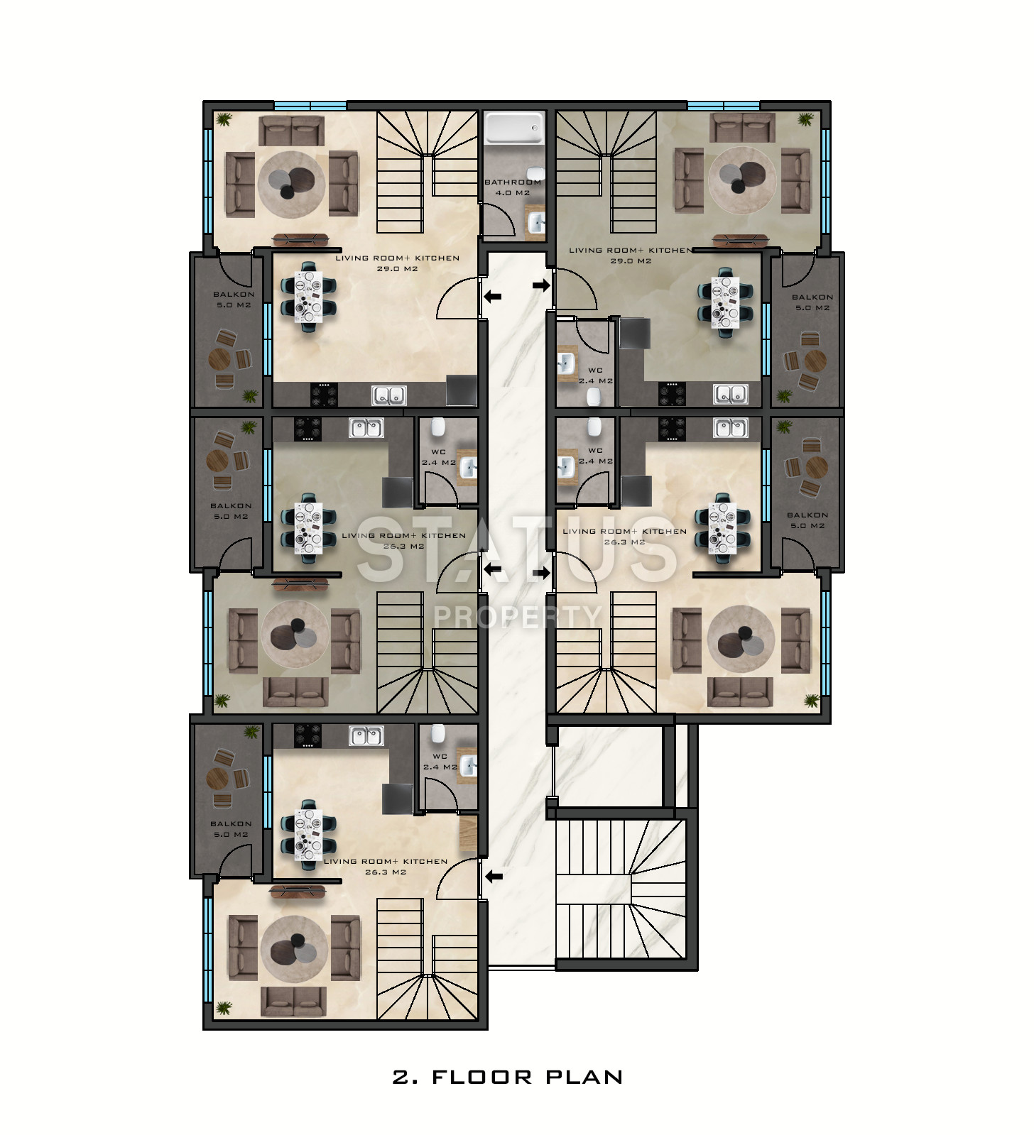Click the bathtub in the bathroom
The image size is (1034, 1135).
(513, 128)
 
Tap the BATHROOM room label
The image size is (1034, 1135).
(513, 182)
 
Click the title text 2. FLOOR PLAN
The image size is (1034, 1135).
(508, 1077)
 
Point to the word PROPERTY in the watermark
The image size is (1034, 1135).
(518, 616)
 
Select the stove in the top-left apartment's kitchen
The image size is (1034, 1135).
(324, 394)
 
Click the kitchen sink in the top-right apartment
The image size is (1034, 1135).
(731, 394)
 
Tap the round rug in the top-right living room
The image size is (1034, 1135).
(741, 178)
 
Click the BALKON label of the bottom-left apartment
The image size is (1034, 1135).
(231, 824)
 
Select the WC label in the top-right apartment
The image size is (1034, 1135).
(595, 371)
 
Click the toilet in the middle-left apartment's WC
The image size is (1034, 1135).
(438, 427)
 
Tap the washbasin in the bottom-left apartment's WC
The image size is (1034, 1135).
(467, 765)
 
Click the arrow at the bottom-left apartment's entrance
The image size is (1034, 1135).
(494, 876)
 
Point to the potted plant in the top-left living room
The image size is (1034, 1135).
(224, 119)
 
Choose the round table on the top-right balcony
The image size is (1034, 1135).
(814, 360)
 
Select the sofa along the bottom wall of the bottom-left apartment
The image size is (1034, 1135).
(293, 1001)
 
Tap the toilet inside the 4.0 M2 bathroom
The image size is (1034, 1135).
(537, 175)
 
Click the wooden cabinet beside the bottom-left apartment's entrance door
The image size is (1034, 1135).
(469, 833)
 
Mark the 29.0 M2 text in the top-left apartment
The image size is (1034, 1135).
(397, 269)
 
